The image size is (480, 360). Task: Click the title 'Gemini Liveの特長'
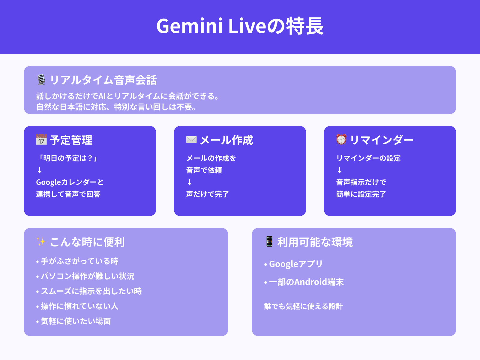tap(240, 26)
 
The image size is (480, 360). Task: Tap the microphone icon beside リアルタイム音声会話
tap(41, 79)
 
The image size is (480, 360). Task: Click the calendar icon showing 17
tap(41, 139)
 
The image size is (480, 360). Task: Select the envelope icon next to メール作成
tap(191, 139)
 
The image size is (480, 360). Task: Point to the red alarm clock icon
tap(341, 139)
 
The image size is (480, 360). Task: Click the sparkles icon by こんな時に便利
tap(41, 241)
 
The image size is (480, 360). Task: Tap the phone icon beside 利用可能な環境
tap(269, 241)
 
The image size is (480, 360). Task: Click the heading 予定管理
tap(71, 140)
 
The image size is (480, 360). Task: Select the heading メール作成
tap(226, 140)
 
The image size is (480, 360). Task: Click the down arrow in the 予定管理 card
tap(40, 170)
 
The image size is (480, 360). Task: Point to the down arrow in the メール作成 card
tap(190, 182)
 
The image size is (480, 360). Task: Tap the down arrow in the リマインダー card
tap(340, 170)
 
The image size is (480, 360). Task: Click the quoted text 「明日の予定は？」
tap(68, 158)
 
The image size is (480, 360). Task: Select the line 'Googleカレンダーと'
tap(70, 182)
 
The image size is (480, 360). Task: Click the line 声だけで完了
tap(207, 194)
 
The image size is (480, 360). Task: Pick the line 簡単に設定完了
tap(361, 194)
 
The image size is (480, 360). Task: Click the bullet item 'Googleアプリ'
tap(295, 264)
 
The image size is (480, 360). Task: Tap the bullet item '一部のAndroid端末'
tap(306, 282)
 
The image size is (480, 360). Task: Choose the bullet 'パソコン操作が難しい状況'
tap(87, 276)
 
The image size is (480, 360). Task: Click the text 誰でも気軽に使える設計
tap(303, 306)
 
